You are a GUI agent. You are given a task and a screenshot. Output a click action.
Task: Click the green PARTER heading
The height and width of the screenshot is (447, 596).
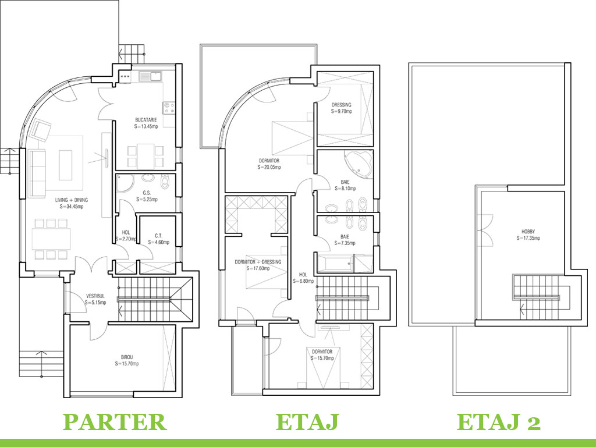coord(114,422)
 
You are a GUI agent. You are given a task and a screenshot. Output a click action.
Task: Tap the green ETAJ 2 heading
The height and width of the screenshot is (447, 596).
coord(498,422)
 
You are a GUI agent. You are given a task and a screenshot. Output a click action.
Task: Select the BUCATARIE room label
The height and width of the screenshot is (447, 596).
coord(146,119)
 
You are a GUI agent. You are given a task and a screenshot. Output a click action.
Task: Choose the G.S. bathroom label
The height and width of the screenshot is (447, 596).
coord(147,193)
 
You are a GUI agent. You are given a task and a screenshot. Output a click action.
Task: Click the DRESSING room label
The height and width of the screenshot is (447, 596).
coord(342,105)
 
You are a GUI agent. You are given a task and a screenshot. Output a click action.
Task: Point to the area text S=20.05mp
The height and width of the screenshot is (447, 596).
coord(269,167)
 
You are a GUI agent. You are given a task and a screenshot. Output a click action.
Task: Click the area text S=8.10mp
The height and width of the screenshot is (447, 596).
coord(345,188)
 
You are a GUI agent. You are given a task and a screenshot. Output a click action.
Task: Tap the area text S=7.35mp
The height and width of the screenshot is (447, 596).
coord(345,243)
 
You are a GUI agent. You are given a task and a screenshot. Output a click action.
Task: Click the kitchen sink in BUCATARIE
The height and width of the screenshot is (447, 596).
coord(153,76)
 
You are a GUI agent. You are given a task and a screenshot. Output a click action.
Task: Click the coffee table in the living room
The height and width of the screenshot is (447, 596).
coord(65,165)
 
